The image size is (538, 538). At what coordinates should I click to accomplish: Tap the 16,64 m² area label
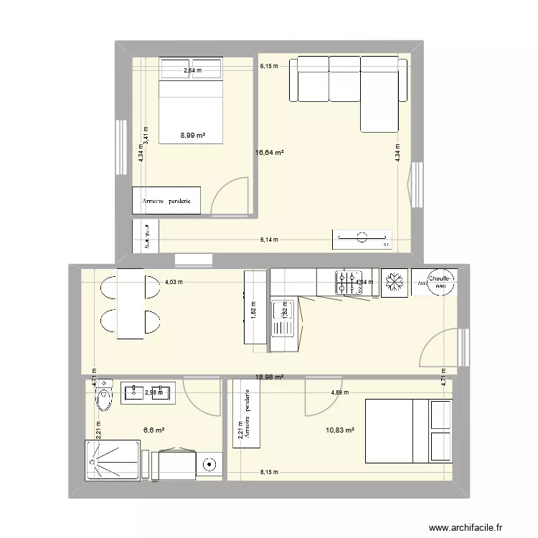pos(270,152)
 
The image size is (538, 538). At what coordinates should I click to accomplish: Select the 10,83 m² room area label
pos(341,430)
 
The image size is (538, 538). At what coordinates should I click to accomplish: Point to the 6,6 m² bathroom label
pos(154,430)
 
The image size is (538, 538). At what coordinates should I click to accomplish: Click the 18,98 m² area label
pos(270,377)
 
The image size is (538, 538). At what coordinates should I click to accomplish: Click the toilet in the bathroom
pos(104,395)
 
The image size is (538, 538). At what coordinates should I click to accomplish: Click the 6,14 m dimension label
pos(270,241)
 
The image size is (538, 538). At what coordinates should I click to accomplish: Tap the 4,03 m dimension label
pos(174,282)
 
